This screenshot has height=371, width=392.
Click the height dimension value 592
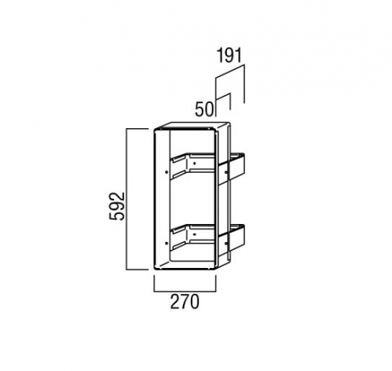[x=117, y=206]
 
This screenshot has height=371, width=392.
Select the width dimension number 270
[x=185, y=302]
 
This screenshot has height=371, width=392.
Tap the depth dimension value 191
[x=229, y=56]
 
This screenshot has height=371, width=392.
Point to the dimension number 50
[x=204, y=109]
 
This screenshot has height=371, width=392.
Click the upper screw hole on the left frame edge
[x=167, y=172]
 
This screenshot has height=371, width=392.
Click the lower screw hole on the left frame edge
[x=167, y=243]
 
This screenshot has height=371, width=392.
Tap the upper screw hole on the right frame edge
[x=226, y=172]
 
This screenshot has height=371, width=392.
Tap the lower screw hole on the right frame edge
[x=226, y=243]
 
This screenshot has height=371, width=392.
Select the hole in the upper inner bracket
[x=194, y=163]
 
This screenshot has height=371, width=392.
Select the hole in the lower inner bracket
[x=194, y=234]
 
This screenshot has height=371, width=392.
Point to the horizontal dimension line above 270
[x=185, y=291]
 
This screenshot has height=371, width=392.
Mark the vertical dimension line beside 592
[x=126, y=199]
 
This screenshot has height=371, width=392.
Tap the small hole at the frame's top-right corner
[x=209, y=129]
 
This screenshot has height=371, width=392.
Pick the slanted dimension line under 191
[x=229, y=72]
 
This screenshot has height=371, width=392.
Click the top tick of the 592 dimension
[x=137, y=129]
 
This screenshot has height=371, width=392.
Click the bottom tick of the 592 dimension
[x=137, y=269]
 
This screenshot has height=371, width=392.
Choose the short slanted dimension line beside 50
[x=223, y=96]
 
